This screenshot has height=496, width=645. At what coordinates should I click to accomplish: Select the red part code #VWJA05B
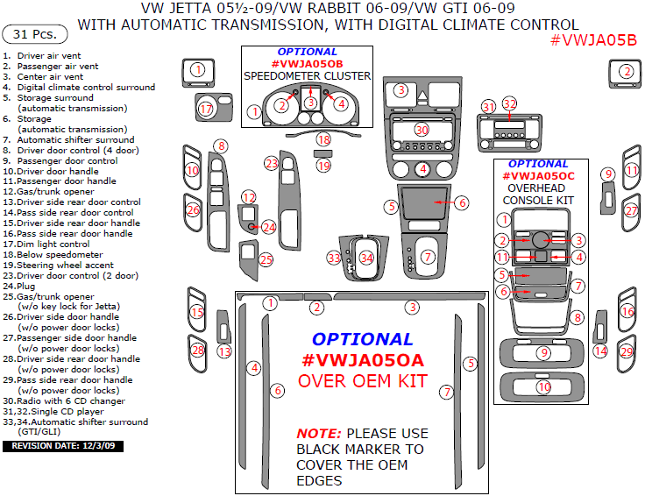(x=594, y=40)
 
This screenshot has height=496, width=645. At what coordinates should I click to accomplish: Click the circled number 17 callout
(x=206, y=110)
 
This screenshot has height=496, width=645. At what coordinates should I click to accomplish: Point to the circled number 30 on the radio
(x=422, y=130)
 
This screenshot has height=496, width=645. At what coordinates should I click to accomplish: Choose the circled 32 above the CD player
(x=509, y=103)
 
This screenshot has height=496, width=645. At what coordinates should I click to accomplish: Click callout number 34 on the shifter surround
(x=366, y=258)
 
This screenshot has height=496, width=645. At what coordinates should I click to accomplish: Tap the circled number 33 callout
(x=333, y=258)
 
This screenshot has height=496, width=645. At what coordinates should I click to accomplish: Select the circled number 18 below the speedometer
(x=324, y=140)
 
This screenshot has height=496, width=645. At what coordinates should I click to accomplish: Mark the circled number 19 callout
(x=324, y=166)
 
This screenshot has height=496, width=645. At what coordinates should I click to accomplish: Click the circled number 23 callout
(x=272, y=164)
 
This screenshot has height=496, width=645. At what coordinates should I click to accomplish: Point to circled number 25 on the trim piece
(x=266, y=259)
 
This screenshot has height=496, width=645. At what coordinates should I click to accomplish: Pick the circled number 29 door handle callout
(x=627, y=351)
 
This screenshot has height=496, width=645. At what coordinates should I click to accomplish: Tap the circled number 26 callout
(x=193, y=210)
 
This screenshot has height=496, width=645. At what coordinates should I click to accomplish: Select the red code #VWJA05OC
(x=538, y=176)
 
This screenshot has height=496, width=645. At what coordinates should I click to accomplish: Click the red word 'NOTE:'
(x=318, y=433)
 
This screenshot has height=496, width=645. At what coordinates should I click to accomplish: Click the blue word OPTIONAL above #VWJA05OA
(x=362, y=339)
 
